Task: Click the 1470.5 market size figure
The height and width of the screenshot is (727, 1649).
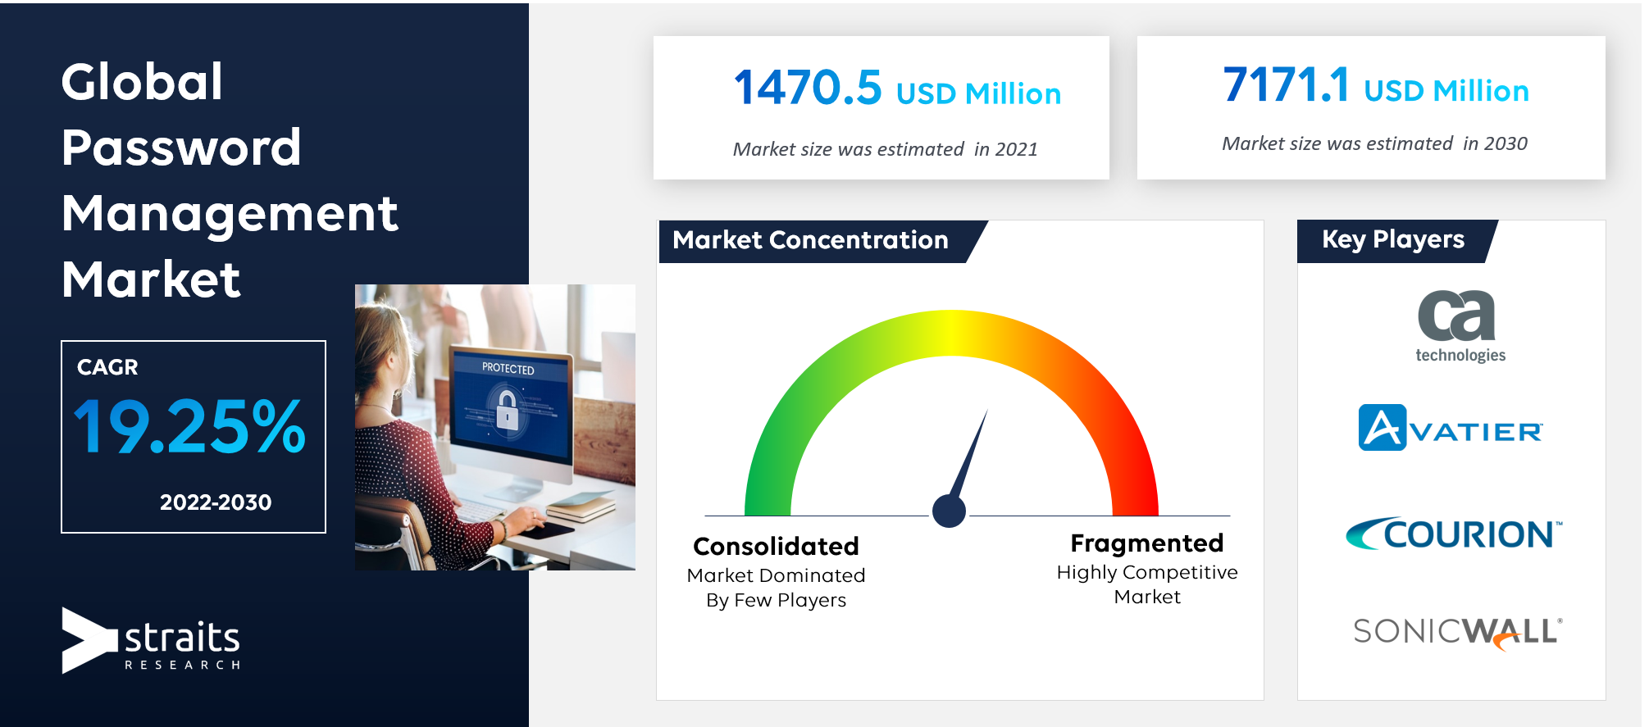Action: coord(808,88)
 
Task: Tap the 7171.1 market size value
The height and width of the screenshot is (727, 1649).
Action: coord(1286,84)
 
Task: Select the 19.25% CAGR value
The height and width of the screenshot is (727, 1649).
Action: coord(189,426)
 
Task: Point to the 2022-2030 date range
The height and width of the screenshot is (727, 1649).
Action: coord(216,502)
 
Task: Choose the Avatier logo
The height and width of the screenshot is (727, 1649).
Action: coord(1451,428)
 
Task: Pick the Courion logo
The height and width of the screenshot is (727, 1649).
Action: coord(1454,534)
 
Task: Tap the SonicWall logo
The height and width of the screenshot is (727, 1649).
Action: coord(1458,633)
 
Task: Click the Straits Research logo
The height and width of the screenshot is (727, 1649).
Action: coord(151,640)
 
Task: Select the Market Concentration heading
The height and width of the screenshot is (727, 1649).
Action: coord(810,240)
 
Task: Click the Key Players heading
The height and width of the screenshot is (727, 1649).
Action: coord(1393,239)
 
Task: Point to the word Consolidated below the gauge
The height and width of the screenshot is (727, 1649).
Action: coord(776,546)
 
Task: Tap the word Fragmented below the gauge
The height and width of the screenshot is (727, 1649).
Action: coord(1146,543)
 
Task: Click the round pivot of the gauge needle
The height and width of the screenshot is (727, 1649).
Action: coord(950,511)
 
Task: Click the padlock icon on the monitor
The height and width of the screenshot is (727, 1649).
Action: coord(507,408)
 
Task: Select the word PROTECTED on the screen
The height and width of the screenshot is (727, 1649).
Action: coord(508,369)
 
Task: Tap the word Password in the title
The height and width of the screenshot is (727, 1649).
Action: coord(181,148)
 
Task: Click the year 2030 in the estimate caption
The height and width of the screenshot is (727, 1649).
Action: coord(1506,143)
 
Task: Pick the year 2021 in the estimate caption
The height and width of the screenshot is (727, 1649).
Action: coord(1016,149)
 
